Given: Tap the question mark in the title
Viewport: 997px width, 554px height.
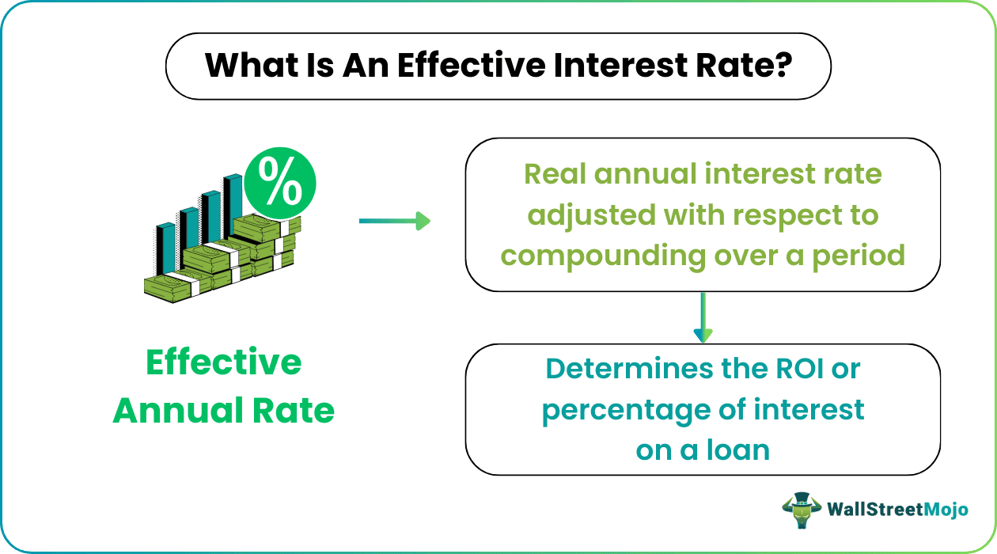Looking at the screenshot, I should [x=783, y=66].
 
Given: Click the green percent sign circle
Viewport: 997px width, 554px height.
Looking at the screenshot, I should [x=279, y=185].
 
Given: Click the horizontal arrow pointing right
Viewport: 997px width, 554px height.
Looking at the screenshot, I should [x=394, y=221].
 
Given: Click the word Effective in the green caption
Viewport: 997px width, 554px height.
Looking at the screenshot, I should [x=224, y=363].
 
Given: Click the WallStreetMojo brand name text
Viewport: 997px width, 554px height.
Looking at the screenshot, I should [x=897, y=510].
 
